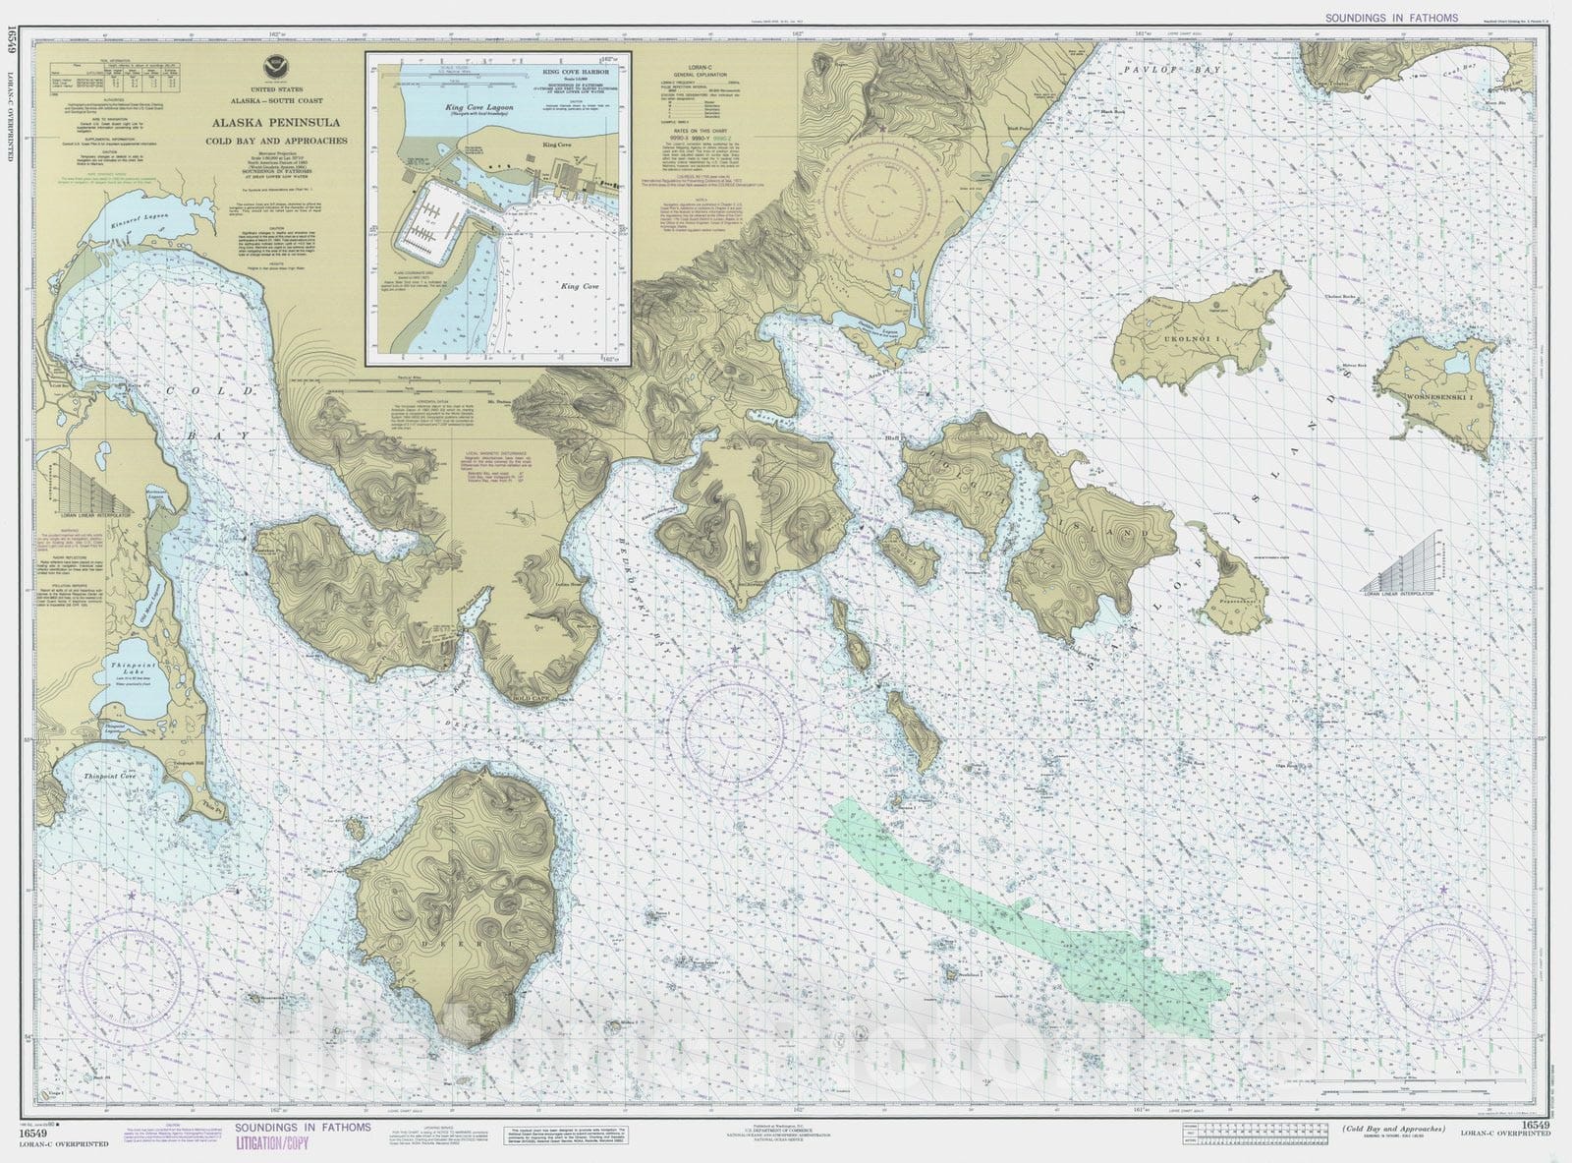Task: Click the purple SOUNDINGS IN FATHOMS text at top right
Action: [1390, 18]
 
